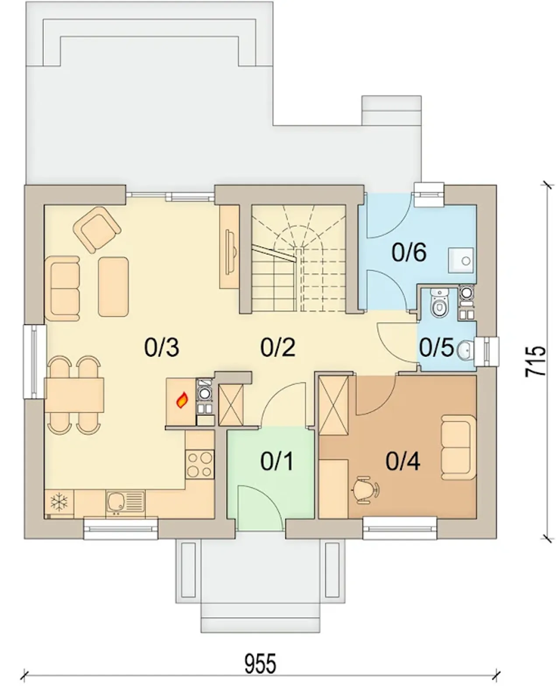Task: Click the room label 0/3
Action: click(x=161, y=347)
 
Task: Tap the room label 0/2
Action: click(x=278, y=347)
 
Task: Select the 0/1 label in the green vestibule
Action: click(x=277, y=461)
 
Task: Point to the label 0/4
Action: click(x=403, y=461)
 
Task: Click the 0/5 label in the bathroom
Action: click(x=436, y=347)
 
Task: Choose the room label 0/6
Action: click(x=409, y=252)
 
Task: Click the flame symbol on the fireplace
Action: click(x=182, y=400)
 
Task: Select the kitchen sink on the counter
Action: click(x=125, y=503)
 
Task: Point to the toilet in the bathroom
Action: click(x=439, y=302)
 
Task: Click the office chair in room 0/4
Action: click(x=364, y=489)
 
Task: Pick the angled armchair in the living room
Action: click(x=97, y=230)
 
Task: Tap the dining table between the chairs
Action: click(x=74, y=395)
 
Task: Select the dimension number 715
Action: click(x=535, y=362)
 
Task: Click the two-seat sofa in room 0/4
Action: click(x=458, y=447)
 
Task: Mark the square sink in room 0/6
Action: click(x=461, y=260)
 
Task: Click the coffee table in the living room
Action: click(x=113, y=287)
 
